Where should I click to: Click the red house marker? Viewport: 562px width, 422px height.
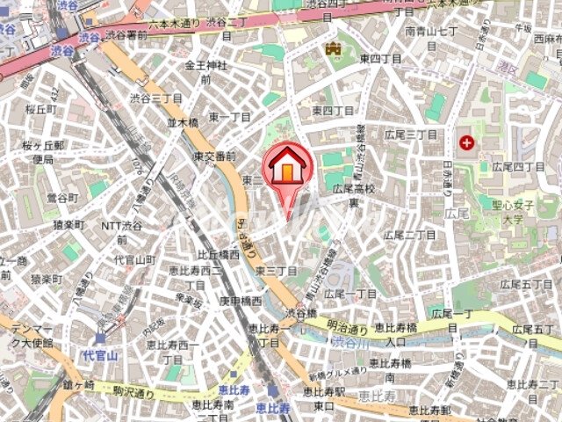285,166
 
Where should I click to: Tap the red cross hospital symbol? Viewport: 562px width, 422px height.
465,141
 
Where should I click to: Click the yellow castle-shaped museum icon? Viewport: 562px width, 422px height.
333,49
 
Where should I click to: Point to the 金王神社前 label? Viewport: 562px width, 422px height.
205,72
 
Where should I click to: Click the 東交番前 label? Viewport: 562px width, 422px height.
214,156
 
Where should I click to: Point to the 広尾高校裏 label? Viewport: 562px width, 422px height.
353,195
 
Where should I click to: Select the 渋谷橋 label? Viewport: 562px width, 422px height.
300,312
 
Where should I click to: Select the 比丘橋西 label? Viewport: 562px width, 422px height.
217,254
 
